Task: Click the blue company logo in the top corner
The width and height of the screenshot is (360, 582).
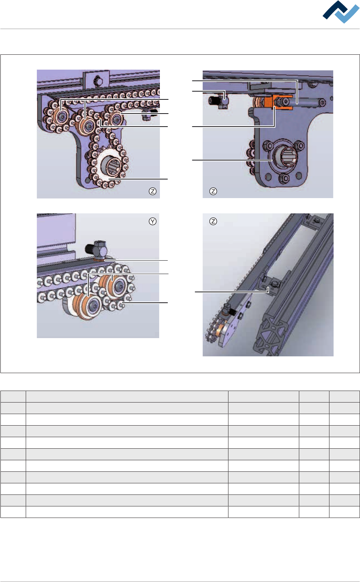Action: [x=341, y=12]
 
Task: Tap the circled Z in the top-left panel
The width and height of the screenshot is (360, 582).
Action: [x=152, y=191]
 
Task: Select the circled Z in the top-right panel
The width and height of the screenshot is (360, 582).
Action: [x=213, y=191]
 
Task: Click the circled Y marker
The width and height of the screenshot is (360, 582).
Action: [x=152, y=221]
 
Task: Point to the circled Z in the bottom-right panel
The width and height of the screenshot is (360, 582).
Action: [x=213, y=221]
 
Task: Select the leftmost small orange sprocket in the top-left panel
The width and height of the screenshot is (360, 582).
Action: [x=61, y=117]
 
